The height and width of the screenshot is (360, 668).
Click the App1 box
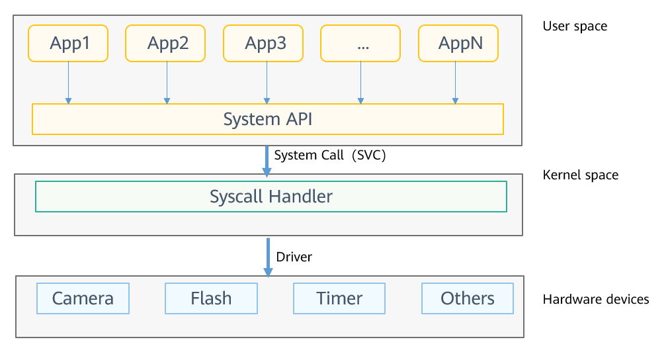pos(68,43)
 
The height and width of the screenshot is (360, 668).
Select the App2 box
pos(165,43)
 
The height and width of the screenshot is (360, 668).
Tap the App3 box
pos(263,43)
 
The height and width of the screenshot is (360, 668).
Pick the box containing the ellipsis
pos(360,43)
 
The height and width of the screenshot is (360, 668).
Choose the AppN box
pos(458,43)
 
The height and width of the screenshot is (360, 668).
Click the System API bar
pos(268,119)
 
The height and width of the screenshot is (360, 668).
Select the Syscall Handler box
pos(271,197)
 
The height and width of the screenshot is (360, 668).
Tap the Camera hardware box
pos(83,298)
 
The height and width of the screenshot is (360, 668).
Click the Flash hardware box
pos(211,298)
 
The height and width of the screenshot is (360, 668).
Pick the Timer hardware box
pos(339,298)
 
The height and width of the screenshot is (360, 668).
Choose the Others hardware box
pos(468,298)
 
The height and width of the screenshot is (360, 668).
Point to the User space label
pos(575,26)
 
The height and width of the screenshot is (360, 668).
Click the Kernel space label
pos(581,175)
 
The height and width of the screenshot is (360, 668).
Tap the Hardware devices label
pos(596,299)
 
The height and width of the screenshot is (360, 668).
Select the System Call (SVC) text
pos(330,155)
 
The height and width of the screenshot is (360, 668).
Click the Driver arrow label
pos(294,257)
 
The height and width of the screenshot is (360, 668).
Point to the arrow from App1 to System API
pos(68,83)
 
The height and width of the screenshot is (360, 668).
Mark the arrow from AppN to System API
pos(456,83)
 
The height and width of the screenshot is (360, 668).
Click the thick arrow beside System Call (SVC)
pos(267,161)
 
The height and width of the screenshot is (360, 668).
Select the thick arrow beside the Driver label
pos(268,257)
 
